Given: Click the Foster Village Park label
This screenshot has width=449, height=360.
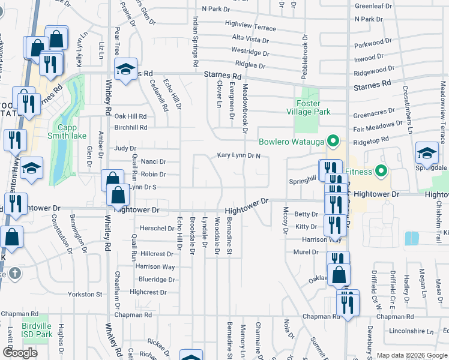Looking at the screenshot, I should tap(313, 107).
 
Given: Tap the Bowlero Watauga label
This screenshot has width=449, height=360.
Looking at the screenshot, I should tap(291, 142).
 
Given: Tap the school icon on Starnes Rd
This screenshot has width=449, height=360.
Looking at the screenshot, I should tap(126, 70).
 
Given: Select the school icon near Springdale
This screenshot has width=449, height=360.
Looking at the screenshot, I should tap(426, 154).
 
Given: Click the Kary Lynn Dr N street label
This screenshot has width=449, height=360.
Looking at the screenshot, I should tap(239, 156).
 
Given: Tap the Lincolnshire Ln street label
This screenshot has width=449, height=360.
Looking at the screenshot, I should tap(412, 331).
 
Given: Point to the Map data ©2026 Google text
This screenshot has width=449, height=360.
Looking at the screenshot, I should tap(412, 355).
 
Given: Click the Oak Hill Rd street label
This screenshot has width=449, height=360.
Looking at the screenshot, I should tap(130, 116).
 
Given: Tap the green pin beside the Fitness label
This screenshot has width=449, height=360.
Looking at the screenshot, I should tap(379, 172).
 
